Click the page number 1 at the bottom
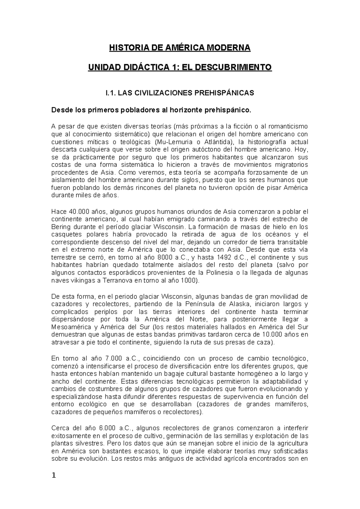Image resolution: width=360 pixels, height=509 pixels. (54, 475)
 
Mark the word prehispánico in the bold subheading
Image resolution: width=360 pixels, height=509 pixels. (228, 110)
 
